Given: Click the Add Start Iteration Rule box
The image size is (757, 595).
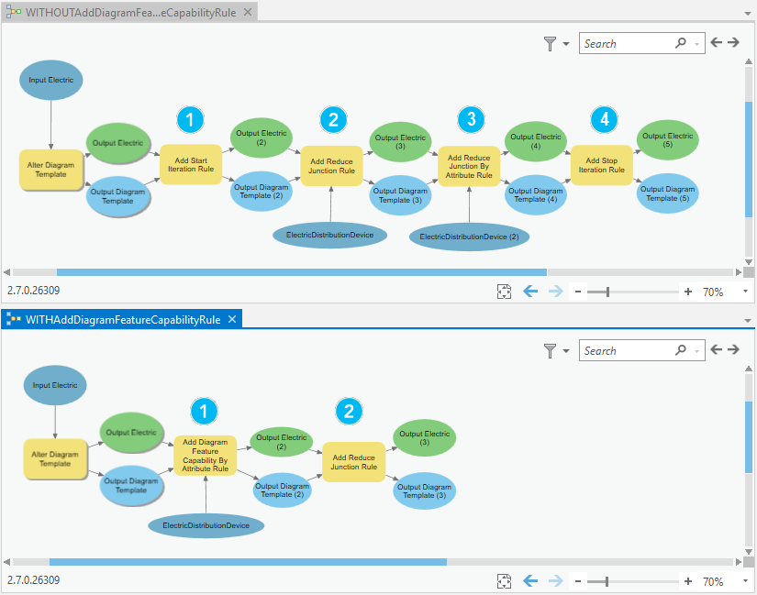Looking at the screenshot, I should click(191, 165).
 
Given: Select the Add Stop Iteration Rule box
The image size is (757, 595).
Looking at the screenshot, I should click(602, 165).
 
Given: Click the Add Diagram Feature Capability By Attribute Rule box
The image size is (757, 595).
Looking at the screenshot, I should click(205, 456).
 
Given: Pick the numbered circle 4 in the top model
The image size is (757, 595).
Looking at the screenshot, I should click(604, 119).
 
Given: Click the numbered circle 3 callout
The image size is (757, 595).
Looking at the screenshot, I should click(471, 119).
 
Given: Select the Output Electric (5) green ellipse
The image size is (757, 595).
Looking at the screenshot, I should click(667, 140).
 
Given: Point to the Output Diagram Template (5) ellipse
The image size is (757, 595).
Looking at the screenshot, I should click(667, 194).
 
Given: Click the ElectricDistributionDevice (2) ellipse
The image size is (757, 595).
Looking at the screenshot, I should click(469, 237).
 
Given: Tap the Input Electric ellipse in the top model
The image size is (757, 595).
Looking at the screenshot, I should click(50, 80).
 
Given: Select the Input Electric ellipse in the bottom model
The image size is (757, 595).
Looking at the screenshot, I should click(55, 385).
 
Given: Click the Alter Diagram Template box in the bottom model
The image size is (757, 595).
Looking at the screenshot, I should click(55, 458).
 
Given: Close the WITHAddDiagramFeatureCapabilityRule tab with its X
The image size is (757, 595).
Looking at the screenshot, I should click(232, 319).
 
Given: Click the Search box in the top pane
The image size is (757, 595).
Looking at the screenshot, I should click(628, 43).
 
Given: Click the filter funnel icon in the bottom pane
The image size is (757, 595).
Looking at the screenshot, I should click(550, 350).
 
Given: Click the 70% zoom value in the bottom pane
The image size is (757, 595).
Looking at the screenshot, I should click(713, 581).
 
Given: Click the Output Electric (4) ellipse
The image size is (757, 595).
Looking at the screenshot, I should click(535, 142).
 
